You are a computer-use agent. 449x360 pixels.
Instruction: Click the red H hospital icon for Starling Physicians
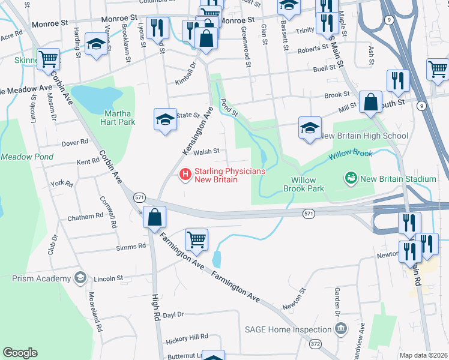point(185,175)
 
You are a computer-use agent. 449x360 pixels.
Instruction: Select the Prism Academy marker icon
point(79,278)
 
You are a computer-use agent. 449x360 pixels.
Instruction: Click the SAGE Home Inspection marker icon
point(341,329)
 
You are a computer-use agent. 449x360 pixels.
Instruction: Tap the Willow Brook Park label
point(307,184)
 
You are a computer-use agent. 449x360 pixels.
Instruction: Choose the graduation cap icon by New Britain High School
point(310,128)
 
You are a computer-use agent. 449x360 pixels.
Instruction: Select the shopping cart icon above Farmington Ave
point(196,240)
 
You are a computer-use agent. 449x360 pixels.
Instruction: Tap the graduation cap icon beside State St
point(165,119)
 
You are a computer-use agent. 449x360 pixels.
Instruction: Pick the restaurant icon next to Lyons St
point(157,28)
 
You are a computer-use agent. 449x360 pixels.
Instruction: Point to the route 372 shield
point(315,344)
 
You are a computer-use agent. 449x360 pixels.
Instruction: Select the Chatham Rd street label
point(85,217)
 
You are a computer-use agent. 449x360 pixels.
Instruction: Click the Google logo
point(20,353)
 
